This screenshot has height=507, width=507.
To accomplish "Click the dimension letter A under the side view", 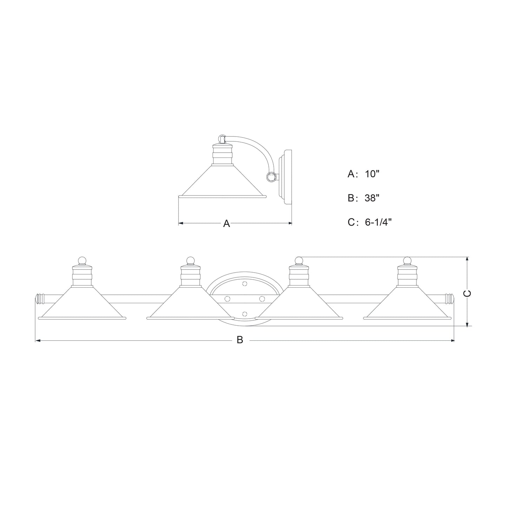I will coord(227,224).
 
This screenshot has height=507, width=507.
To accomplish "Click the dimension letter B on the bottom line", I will coord(240,340).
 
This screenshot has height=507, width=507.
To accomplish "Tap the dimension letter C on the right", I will coord(467,294).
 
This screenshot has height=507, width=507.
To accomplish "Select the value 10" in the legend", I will coord(372,174).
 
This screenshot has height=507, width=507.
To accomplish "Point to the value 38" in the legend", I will coord(372,198).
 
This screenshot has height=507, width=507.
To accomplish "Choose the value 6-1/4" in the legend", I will coord(378,222).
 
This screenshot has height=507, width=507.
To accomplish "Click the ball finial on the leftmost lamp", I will coord(82,260).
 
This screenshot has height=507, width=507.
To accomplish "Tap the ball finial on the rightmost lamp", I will coord(407,260).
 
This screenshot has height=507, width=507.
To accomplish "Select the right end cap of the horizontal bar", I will coord(449,299).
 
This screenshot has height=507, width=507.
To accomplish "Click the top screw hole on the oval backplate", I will coord(245,283).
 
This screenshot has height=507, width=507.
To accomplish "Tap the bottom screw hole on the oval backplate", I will coord(245,313).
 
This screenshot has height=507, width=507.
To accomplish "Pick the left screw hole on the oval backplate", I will coord(227,298).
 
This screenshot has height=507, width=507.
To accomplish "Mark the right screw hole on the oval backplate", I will coord(262,298).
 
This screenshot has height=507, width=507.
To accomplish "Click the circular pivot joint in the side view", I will coord(271,178).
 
